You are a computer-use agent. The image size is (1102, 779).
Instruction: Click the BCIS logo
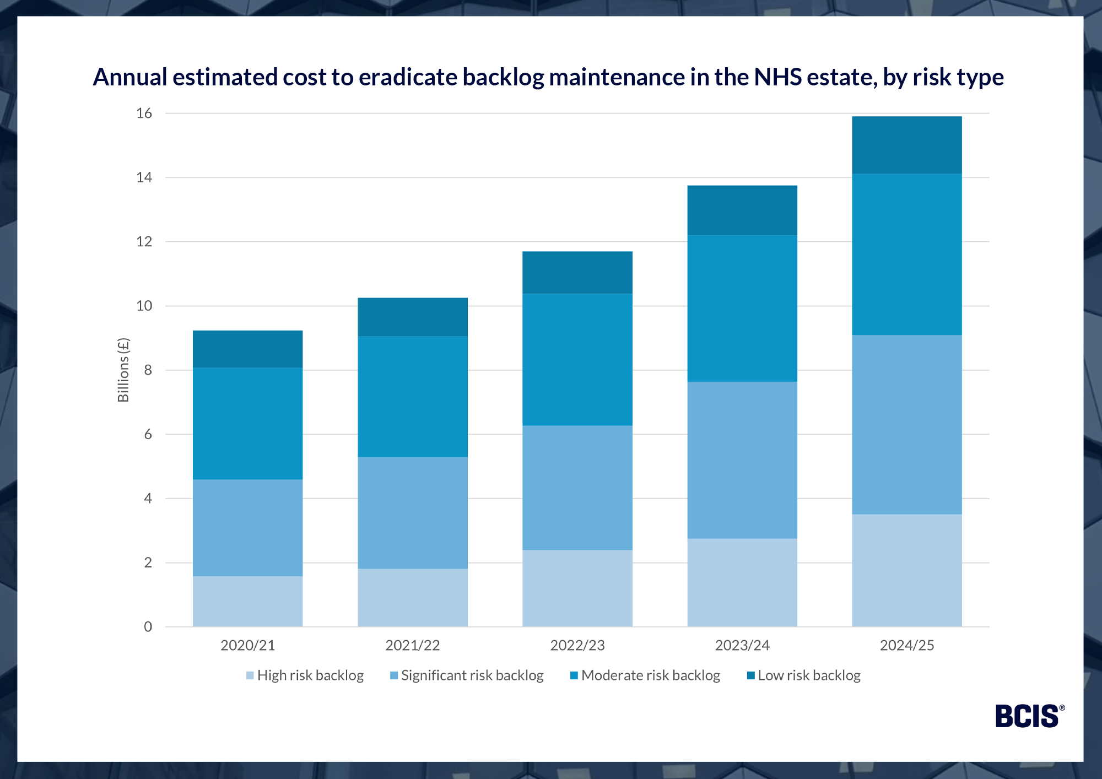pos(1028,716)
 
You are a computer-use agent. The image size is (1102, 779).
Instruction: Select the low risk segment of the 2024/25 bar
pos(906,145)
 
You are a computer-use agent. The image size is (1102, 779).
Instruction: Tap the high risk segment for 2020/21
pos(247,601)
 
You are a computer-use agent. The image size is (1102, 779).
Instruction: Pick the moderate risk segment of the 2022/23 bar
pos(577,359)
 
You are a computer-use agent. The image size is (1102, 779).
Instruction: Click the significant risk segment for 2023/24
pos(742,460)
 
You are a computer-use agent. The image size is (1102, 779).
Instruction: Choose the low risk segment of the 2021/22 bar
pos(412,317)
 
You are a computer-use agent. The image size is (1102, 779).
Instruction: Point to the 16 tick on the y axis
pos(144,113)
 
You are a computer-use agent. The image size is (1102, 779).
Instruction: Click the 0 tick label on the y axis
pos(148,627)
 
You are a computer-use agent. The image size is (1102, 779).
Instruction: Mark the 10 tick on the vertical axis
pos(144,306)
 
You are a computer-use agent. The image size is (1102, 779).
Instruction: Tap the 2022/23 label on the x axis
pos(577,645)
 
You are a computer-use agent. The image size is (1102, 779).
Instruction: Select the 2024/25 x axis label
pos(906,645)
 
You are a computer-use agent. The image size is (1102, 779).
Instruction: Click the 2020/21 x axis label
pos(247,645)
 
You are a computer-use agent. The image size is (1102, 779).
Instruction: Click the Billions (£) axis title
pos(123,370)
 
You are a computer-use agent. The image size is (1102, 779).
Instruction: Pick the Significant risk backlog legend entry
pos(467,675)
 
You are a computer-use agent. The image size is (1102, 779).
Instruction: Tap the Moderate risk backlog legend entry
pos(645,675)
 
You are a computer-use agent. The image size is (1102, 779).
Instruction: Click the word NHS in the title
pos(777,77)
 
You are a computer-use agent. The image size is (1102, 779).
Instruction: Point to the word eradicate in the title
pos(407,77)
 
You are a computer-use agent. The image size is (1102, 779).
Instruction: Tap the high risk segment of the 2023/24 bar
pos(742,582)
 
